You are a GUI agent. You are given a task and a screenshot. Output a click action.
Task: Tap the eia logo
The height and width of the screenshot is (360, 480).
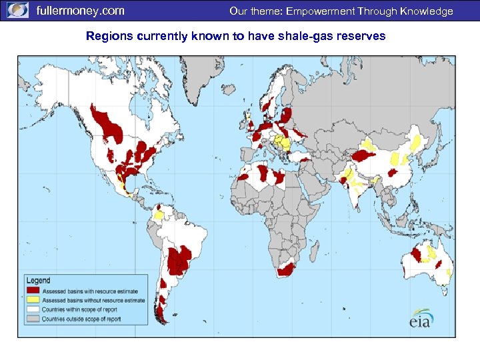[421, 318]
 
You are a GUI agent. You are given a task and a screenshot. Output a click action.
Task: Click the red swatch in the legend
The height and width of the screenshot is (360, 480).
[33, 291]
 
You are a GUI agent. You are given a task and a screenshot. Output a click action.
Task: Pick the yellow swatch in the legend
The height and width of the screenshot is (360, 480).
[33, 301]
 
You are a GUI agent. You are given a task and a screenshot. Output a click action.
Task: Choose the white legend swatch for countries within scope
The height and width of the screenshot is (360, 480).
[33, 310]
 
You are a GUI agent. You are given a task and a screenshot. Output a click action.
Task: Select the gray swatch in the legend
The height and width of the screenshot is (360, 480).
[33, 319]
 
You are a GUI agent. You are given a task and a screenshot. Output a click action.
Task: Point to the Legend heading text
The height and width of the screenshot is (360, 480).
[39, 281]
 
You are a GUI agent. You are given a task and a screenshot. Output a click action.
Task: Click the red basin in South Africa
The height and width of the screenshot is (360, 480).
[286, 269]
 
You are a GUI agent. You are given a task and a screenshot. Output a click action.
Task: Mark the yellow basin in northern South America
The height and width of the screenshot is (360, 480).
[159, 215]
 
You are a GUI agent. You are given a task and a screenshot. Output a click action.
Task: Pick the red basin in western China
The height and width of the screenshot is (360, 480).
[365, 155]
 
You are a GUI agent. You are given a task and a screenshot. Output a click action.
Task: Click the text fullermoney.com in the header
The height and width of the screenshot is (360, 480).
[80, 11]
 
